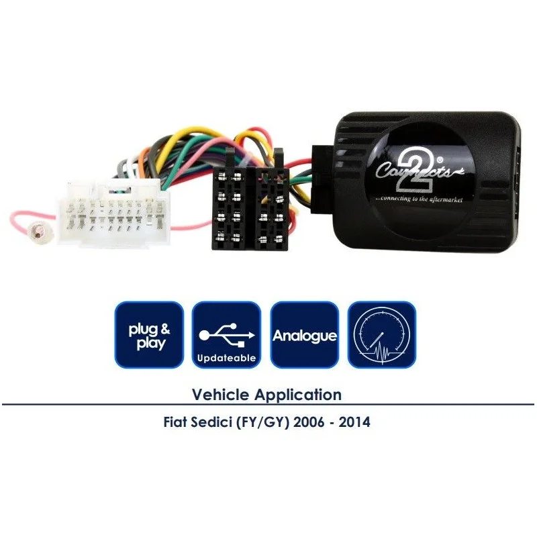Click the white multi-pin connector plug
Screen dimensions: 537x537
point(113,213)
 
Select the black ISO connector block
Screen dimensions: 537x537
point(250,202)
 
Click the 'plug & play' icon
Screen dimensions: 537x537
point(149,335)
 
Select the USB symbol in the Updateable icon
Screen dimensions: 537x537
point(227,334)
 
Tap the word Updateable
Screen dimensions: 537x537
point(227,358)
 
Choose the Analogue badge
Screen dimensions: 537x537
point(305,335)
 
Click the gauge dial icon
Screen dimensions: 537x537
point(382,335)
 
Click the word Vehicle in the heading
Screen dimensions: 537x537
point(221,395)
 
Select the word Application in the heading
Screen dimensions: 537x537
point(298,395)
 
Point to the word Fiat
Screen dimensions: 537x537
point(175,422)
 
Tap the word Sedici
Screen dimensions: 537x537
point(211,422)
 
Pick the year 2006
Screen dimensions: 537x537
point(309,422)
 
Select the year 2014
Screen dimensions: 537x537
point(354,422)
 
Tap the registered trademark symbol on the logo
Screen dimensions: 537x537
point(440,160)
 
